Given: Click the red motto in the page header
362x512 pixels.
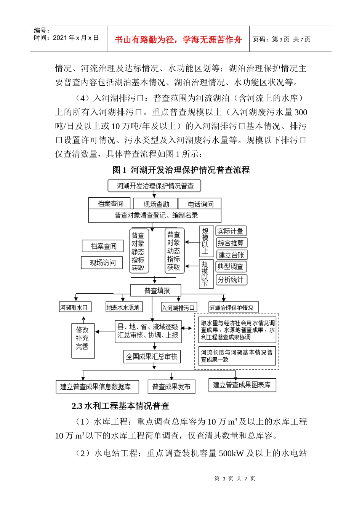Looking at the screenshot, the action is (178, 40).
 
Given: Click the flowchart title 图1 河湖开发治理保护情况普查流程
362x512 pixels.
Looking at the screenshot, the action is (181, 170).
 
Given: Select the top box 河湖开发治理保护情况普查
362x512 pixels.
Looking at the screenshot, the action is (154, 186).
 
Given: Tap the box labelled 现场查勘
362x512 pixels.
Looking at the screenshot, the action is (156, 204).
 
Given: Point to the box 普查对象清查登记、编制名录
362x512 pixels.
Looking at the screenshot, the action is (155, 216).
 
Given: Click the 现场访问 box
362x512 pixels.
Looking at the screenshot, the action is (102, 262).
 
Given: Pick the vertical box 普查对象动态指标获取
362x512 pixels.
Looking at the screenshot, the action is (174, 251).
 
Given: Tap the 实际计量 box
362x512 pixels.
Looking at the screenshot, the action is (231, 231).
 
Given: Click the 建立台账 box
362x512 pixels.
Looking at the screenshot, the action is (231, 255).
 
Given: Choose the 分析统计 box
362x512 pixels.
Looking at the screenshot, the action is (231, 280).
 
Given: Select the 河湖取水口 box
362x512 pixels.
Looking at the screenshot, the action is (74, 307).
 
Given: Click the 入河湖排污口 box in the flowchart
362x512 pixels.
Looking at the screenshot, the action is (178, 307).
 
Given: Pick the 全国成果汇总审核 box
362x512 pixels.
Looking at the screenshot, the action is (152, 357).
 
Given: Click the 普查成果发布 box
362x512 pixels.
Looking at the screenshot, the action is (171, 387).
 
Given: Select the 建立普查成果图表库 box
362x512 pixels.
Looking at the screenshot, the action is (242, 385).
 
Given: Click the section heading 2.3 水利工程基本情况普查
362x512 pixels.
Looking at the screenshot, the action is (120, 406).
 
